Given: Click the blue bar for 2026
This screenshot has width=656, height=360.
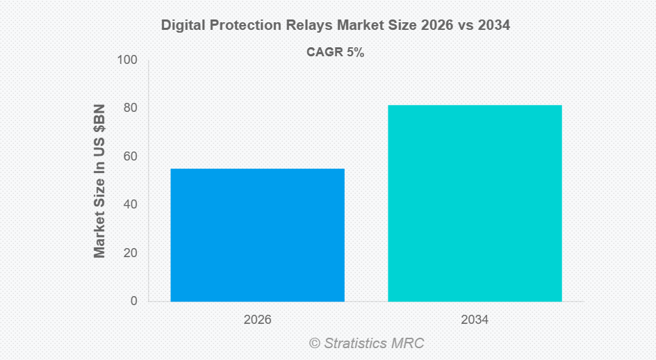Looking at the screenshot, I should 257,235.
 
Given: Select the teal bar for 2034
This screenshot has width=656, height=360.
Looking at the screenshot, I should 475,203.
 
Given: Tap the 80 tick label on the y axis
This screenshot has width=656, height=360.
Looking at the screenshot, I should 131,108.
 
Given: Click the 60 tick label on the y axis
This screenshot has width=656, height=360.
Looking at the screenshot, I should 131,156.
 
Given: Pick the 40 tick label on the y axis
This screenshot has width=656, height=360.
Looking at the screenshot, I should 131,204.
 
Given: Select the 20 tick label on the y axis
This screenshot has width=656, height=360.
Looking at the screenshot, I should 131,253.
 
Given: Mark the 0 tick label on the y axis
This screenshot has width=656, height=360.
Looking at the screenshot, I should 133,301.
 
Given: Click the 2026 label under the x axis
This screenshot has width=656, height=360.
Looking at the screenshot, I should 257,320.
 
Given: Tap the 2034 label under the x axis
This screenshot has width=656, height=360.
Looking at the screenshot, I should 475,320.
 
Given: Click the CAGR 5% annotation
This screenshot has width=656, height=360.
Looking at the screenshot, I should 335,52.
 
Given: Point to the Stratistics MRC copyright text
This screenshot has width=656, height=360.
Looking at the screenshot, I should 366,343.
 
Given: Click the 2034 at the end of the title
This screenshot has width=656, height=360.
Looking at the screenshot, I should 494,26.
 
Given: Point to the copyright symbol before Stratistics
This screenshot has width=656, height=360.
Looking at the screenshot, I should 314,343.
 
